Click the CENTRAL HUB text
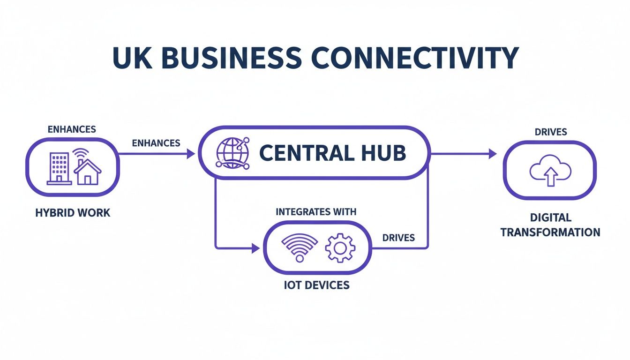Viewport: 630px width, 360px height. point(332,153)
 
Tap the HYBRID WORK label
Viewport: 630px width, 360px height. point(73,213)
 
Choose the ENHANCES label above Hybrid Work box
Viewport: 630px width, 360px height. point(72,129)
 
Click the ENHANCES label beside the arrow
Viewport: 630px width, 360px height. point(156,143)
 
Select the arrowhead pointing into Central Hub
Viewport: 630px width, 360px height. point(191,153)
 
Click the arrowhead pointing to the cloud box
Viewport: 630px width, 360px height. point(492,153)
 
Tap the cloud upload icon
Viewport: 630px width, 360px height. point(550,172)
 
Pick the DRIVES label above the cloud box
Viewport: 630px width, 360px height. point(550,132)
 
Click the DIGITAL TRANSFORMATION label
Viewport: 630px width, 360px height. point(550,225)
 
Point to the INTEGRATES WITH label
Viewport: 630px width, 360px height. point(316,211)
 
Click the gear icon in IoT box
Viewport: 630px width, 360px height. point(340,248)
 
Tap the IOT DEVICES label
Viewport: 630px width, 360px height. point(316,285)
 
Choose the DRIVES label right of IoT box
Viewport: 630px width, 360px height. point(398,238)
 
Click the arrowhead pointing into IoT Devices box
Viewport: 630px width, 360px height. point(256,247)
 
